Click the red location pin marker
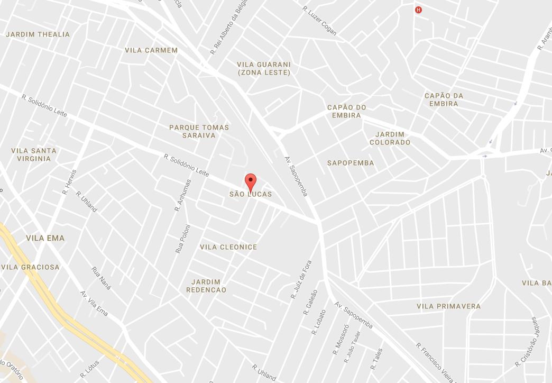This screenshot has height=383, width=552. [251, 181]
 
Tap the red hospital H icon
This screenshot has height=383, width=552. [419, 10]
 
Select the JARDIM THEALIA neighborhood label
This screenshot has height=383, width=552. [38, 34]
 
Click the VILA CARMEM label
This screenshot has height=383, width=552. [151, 50]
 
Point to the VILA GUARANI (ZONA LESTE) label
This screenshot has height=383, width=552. [264, 68]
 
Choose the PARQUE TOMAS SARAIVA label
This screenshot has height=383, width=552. [199, 131]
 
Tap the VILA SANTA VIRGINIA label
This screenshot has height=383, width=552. [34, 154]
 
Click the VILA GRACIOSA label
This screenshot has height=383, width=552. [30, 267]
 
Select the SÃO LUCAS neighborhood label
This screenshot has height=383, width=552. [251, 194]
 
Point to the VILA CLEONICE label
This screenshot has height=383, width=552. [228, 247]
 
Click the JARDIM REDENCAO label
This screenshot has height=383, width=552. [206, 286]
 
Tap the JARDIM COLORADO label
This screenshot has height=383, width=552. [390, 138]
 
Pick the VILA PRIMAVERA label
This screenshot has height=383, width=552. [448, 306]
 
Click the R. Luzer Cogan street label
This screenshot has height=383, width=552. [319, 20]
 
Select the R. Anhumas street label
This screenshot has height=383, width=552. [182, 195]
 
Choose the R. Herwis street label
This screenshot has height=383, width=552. [69, 181]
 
